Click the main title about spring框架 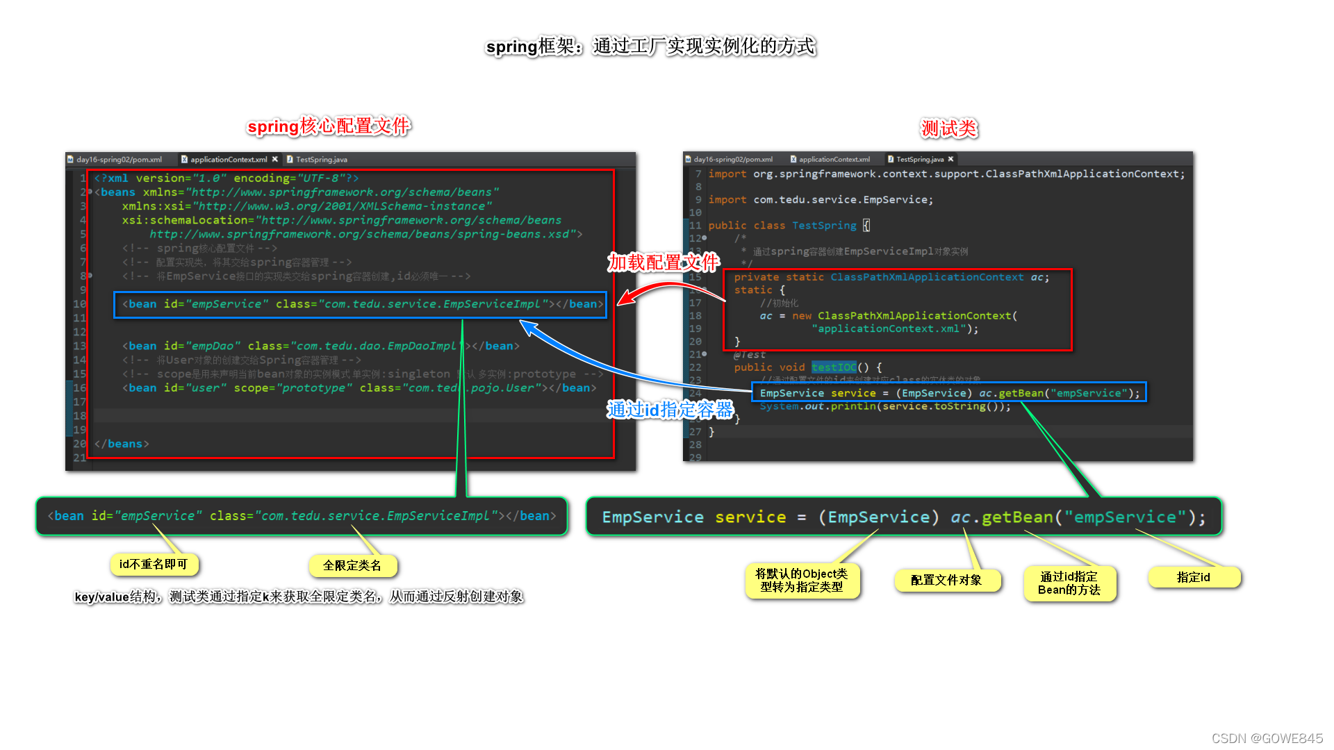pos(650,47)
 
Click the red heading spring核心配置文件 pos(329,126)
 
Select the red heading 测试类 pos(949,128)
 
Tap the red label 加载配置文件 pos(663,262)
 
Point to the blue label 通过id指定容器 pos(670,410)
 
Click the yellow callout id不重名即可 pos(154,565)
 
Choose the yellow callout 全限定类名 pos(352,566)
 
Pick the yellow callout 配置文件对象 pos(946,580)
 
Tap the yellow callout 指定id pos(1193,577)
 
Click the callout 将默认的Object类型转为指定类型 pos(801,581)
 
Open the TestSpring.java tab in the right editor pos(920,160)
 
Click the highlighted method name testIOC pos(834,367)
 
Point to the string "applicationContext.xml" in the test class pos(889,329)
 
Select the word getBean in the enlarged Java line pos(1017,517)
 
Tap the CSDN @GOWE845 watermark pos(1267,738)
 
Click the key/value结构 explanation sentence pos(299,597)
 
